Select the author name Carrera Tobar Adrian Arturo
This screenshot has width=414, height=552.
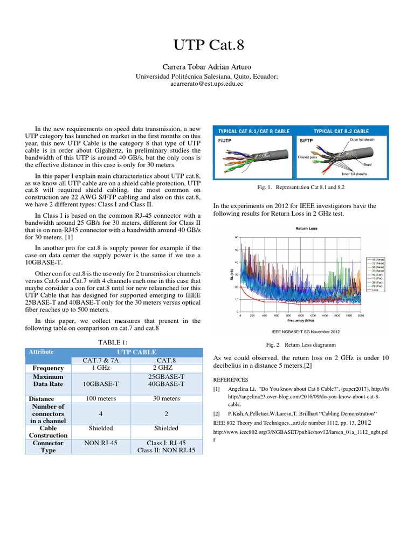[x=207, y=67]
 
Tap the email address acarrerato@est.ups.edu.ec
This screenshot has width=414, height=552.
[x=207, y=85]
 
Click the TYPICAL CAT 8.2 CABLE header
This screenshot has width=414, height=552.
[x=341, y=131]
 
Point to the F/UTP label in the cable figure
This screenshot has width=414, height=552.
[x=224, y=140]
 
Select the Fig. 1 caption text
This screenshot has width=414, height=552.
[x=302, y=187]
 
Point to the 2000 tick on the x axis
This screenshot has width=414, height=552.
[x=361, y=315]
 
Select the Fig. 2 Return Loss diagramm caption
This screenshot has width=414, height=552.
[x=302, y=344]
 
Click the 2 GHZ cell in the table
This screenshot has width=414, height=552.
[x=167, y=368]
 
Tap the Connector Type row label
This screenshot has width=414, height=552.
[x=49, y=446]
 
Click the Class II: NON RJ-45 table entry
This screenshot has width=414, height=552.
[x=167, y=450]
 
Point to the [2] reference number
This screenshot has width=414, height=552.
[x=216, y=412]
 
